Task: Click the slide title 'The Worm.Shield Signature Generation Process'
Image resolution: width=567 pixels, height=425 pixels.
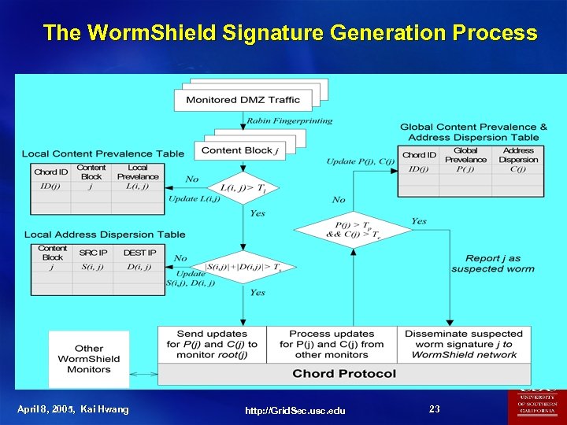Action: point(290,33)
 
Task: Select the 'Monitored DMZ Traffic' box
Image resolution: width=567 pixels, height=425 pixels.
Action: point(243,100)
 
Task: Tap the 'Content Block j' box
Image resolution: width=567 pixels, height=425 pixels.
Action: point(236,150)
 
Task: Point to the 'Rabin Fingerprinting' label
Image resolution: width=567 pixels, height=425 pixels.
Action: point(289,121)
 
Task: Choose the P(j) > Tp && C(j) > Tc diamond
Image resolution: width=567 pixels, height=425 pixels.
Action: point(353,231)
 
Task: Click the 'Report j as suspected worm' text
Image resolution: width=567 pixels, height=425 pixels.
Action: point(492,263)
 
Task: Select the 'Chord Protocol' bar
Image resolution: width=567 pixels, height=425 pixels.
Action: point(344,373)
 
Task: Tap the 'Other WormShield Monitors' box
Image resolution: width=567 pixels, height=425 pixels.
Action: point(89,358)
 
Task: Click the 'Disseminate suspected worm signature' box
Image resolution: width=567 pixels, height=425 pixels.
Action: point(463,344)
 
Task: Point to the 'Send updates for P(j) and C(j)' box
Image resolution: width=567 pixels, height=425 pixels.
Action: point(212,344)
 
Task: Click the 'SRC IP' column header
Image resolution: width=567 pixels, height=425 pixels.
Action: point(94,253)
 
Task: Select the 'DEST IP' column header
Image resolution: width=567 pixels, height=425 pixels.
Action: point(139,253)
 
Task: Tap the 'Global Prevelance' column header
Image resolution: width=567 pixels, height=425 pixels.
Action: point(465,155)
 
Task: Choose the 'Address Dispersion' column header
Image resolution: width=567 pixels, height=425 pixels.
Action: point(517,155)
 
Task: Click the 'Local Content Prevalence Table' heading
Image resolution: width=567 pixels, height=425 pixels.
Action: point(103,153)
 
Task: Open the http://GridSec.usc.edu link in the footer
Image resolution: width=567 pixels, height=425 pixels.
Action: point(295,411)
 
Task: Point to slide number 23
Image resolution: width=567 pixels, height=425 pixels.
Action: point(435,408)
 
